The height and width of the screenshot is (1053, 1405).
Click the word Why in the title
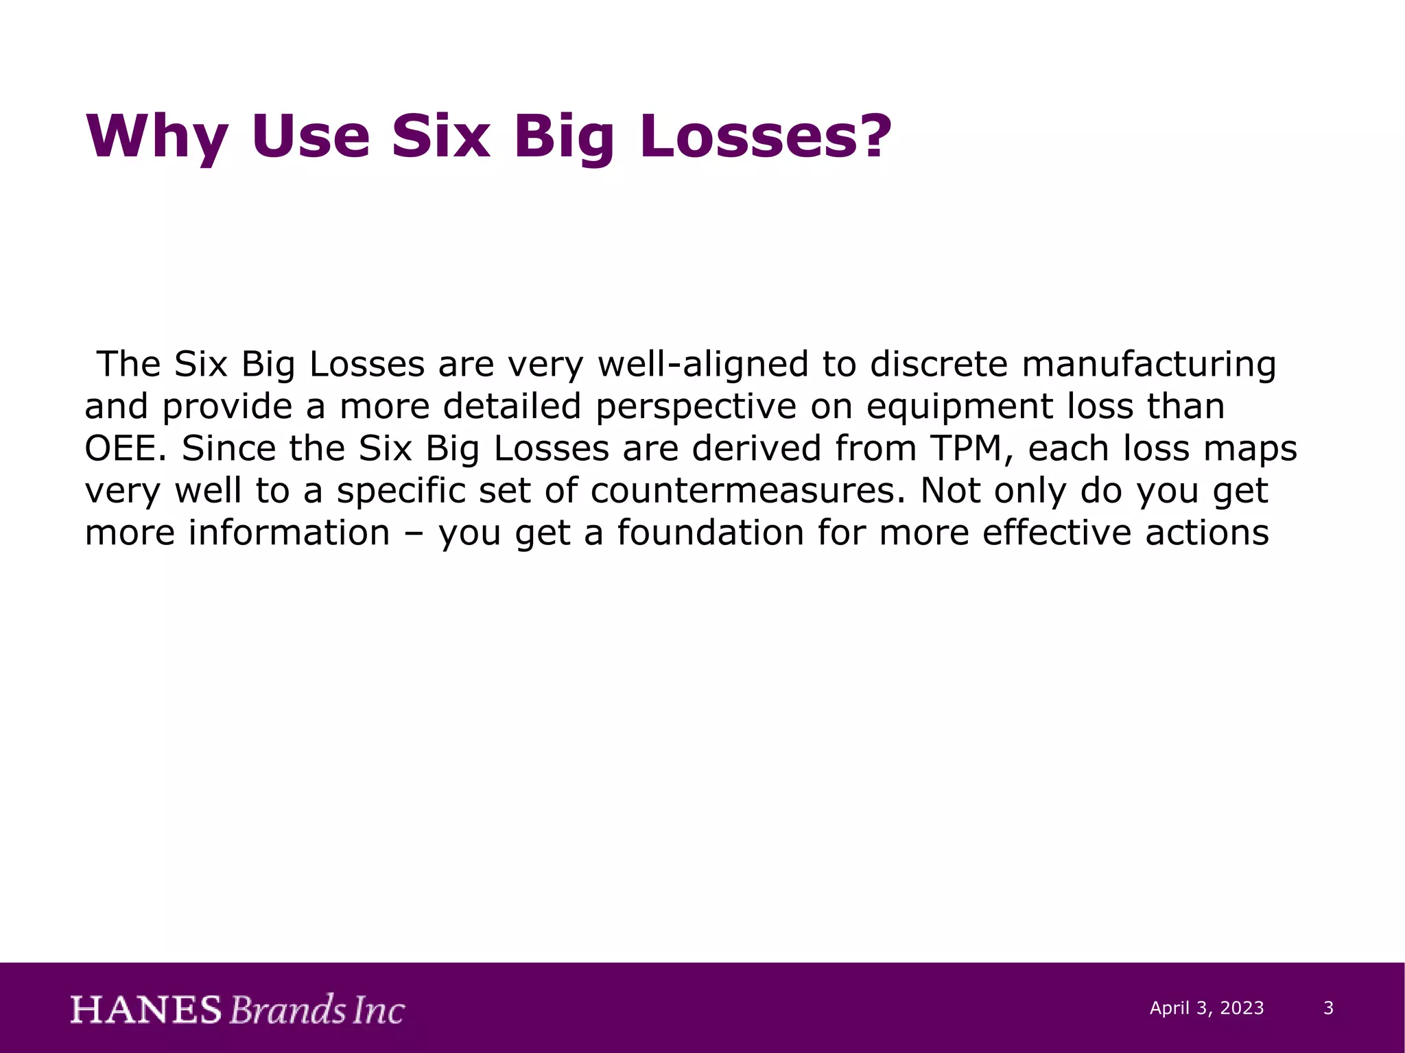coord(156,137)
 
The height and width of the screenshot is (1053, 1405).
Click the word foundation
coord(710,533)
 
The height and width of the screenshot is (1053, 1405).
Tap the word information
coord(289,533)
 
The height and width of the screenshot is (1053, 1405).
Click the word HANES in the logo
coord(146,1010)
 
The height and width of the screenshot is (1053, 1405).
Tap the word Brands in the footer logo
coord(287,1010)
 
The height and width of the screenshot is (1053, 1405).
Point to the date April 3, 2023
coord(1207,1008)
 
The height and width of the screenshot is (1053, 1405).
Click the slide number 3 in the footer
coord(1328,1008)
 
